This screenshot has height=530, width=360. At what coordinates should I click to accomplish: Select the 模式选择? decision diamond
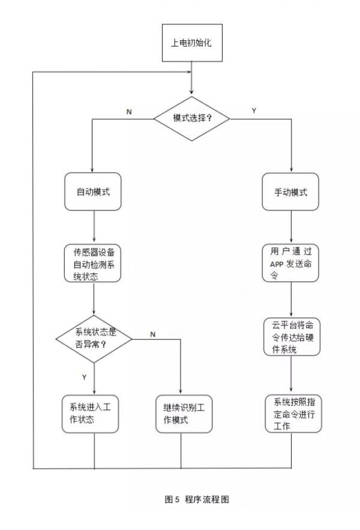pyautogui.click(x=192, y=118)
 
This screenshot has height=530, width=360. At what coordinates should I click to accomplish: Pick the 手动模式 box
pyautogui.click(x=290, y=192)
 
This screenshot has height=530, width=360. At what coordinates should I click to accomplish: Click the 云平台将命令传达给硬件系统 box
pyautogui.click(x=290, y=336)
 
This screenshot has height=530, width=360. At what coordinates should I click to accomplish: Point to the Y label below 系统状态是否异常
pyautogui.click(x=83, y=377)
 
